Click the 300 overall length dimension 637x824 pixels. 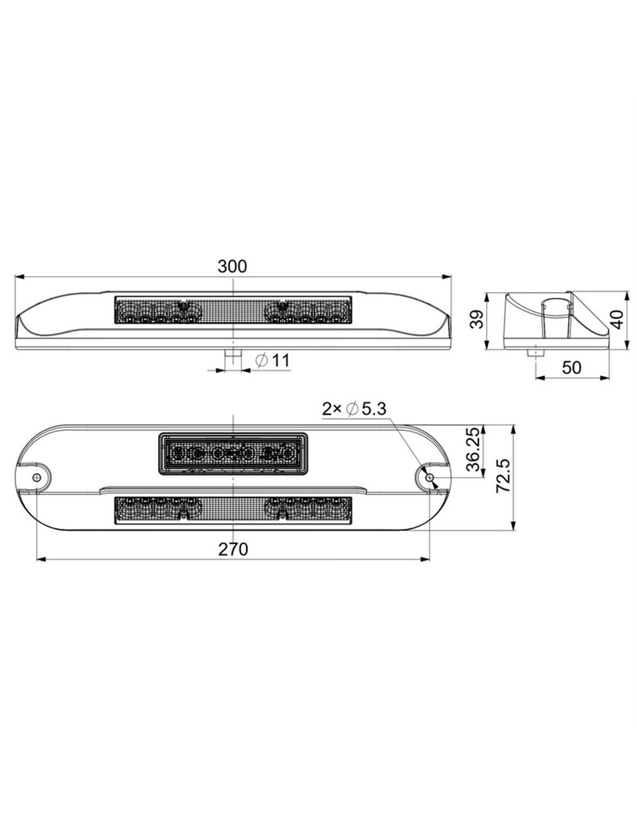tap(232, 267)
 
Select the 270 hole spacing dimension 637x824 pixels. tap(233, 549)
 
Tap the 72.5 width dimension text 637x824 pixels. tap(503, 476)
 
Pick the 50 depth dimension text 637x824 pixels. tap(572, 367)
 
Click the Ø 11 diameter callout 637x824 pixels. tap(272, 360)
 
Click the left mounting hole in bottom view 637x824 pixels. tap(36, 477)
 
